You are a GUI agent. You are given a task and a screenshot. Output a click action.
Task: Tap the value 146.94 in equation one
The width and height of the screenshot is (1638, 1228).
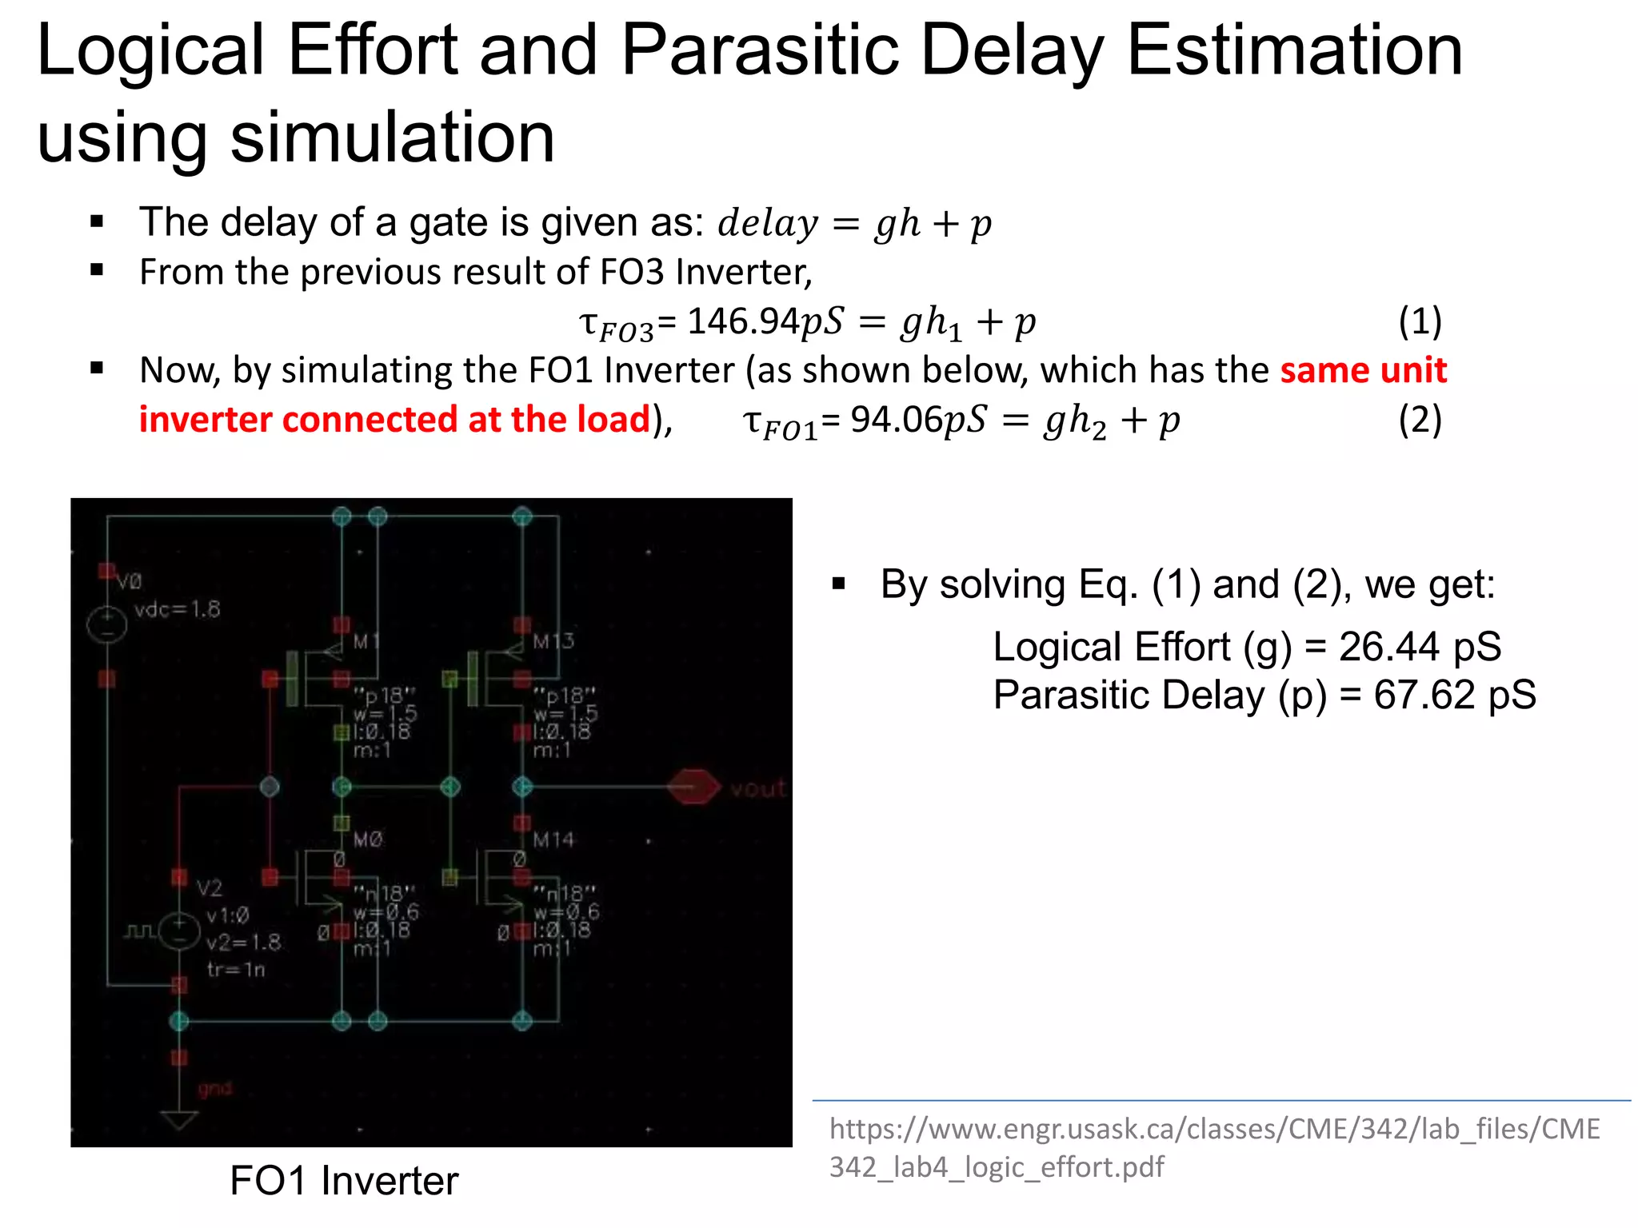[x=743, y=321]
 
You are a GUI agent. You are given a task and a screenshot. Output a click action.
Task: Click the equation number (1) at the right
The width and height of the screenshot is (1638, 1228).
[x=1420, y=321]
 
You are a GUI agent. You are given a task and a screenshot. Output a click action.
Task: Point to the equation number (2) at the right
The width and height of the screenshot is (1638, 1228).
[x=1420, y=420]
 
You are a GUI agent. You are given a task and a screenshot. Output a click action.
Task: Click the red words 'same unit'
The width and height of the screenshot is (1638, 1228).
[x=1363, y=370]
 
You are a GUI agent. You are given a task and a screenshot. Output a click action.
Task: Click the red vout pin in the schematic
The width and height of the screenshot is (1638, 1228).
[x=693, y=787]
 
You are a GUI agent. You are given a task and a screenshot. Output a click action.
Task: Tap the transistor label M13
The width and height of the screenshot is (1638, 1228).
[x=553, y=641]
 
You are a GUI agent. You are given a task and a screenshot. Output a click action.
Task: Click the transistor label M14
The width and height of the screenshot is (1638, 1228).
[x=553, y=839]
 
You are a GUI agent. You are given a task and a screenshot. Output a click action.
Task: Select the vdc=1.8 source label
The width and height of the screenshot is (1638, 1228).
[x=177, y=610]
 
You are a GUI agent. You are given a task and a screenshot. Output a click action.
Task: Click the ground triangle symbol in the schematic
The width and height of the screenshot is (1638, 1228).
[x=179, y=1118]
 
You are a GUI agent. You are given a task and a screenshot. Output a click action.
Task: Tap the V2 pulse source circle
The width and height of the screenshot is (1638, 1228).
[x=179, y=931]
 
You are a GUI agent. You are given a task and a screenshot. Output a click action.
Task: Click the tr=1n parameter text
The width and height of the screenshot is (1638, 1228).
[x=235, y=970]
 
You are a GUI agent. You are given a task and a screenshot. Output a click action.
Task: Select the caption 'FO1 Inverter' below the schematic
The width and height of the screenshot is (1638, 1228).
[x=344, y=1181]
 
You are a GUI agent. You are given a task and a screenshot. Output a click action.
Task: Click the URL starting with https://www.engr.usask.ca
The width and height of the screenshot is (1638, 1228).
[x=1214, y=1147]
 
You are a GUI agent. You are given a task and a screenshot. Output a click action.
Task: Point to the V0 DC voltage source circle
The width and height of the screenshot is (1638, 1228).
[x=107, y=624]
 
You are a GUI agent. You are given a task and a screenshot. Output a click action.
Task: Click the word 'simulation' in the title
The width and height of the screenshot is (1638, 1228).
[x=392, y=138]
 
